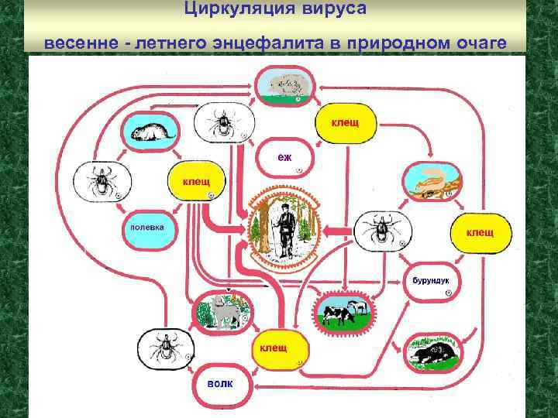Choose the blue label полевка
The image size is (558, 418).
pos(142,229)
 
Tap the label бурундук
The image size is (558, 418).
pos(427,279)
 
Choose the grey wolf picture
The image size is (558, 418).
pos(222,312)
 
